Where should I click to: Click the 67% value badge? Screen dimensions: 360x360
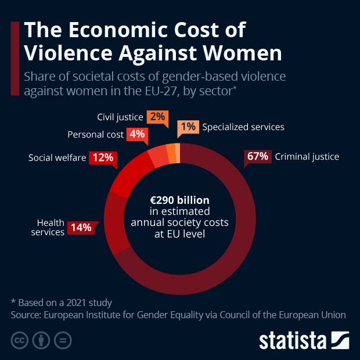pyautogui.click(x=257, y=156)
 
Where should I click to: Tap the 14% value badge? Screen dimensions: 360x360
pyautogui.click(x=81, y=228)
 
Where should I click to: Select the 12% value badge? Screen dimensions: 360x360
pyautogui.click(x=103, y=157)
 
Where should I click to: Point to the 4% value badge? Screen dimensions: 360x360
pyautogui.click(x=137, y=134)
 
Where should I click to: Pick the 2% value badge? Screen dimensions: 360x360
pyautogui.click(x=156, y=117)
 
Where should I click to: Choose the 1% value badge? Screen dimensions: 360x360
pyautogui.click(x=188, y=127)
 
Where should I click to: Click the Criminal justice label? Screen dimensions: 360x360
pyautogui.click(x=307, y=156)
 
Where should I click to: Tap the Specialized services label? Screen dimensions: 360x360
pyautogui.click(x=243, y=127)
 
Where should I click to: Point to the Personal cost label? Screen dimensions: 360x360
pyautogui.click(x=95, y=135)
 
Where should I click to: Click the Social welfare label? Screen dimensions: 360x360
pyautogui.click(x=57, y=157)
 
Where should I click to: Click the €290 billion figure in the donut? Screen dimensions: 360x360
pyautogui.click(x=179, y=200)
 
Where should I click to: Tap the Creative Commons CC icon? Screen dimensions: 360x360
pyautogui.click(x=19, y=340)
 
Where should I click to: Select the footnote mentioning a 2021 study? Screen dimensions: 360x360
pyautogui.click(x=62, y=303)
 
